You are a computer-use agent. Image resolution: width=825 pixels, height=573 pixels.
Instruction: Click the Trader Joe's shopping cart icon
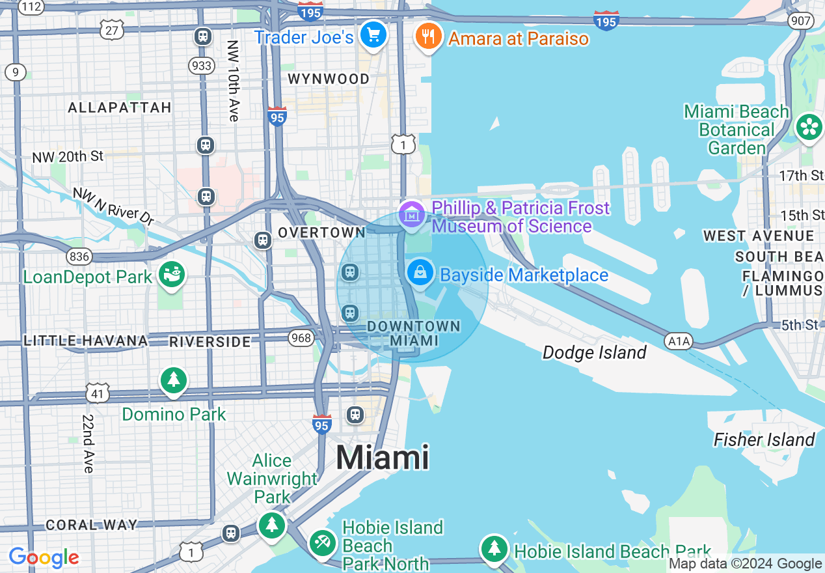pos(373,34)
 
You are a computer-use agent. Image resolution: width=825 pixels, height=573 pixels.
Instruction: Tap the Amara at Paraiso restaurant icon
pos(427,36)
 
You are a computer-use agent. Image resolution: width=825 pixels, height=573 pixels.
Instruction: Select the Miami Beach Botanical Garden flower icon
pos(809,127)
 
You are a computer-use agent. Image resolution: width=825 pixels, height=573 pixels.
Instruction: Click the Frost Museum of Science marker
pos(412,214)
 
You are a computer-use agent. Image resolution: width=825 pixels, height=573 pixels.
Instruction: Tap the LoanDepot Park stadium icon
pos(172,274)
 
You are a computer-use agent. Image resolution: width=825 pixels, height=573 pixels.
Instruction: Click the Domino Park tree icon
pos(173,380)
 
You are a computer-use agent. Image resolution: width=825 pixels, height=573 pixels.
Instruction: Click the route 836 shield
pos(79,257)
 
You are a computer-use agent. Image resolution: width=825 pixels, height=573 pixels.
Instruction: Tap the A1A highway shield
pos(678,341)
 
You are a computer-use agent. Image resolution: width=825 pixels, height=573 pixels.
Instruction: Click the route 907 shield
pos(800,20)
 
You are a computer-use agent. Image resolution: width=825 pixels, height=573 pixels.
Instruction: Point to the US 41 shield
pos(98,393)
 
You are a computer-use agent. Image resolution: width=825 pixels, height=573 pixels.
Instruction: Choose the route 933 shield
pos(202,65)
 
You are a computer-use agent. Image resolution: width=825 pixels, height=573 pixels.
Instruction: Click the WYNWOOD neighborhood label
pos(329,79)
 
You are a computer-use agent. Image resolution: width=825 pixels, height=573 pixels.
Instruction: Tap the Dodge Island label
pos(594,353)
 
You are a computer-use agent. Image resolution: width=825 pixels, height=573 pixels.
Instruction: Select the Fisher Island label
pos(764,440)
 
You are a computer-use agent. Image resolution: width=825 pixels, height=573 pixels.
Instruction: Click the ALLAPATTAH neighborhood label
pos(120,107)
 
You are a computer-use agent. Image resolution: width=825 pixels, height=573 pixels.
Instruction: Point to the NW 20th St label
pos(68,157)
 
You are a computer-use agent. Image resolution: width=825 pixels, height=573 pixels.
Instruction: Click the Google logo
pos(44,558)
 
